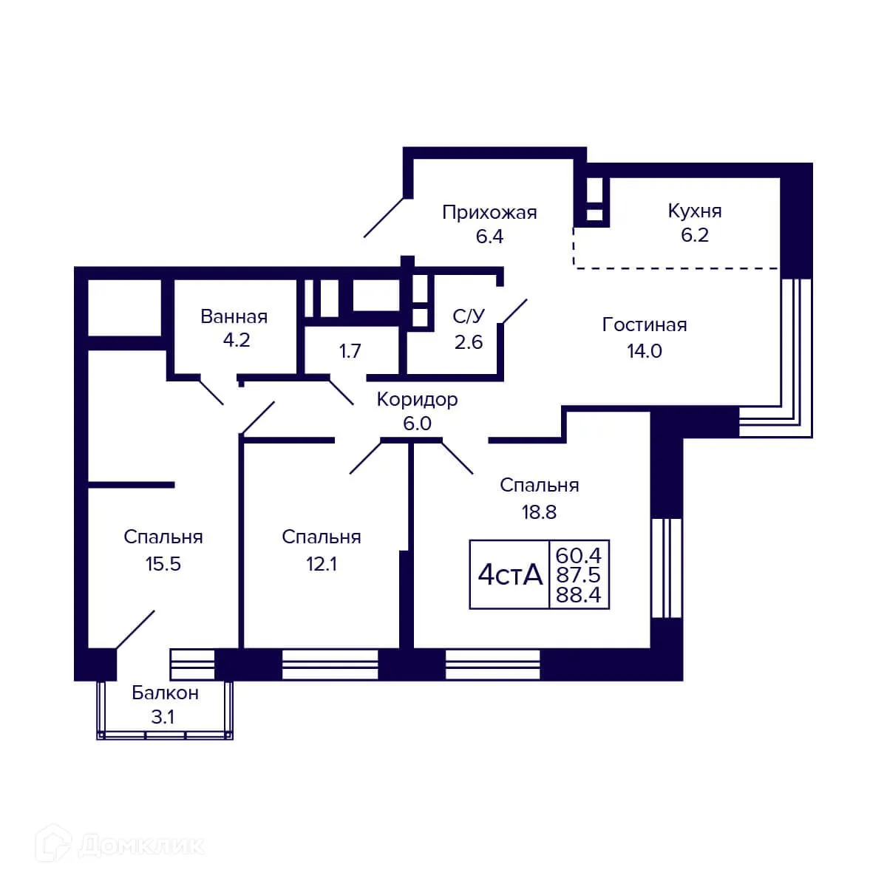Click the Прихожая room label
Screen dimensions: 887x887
pyautogui.click(x=489, y=213)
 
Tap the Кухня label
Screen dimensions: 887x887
pyautogui.click(x=694, y=211)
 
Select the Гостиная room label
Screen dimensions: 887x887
pyautogui.click(x=644, y=324)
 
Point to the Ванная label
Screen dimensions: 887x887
pyautogui.click(x=234, y=317)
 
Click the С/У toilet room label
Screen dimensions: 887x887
pyautogui.click(x=469, y=317)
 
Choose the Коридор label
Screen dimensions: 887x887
pyautogui.click(x=417, y=400)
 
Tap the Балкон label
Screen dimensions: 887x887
pyautogui.click(x=165, y=693)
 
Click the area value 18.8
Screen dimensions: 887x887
pyautogui.click(x=539, y=512)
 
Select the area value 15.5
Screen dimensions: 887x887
pyautogui.click(x=163, y=564)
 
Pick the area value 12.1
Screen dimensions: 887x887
pyautogui.click(x=322, y=564)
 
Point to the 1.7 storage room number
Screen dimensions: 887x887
pyautogui.click(x=350, y=350)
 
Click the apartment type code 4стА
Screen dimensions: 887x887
pyautogui.click(x=510, y=574)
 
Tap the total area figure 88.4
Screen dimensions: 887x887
pyautogui.click(x=579, y=595)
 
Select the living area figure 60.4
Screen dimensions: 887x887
pyautogui.click(x=579, y=554)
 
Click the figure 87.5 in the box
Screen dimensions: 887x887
pyautogui.click(x=579, y=575)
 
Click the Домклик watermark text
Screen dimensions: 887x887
pyautogui.click(x=140, y=845)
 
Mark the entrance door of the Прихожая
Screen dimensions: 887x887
pyautogui.click(x=384, y=217)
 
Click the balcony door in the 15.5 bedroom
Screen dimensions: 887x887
pyautogui.click(x=135, y=629)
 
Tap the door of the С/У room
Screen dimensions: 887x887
pyautogui.click(x=514, y=311)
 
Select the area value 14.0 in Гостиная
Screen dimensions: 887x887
pyautogui.click(x=644, y=351)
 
